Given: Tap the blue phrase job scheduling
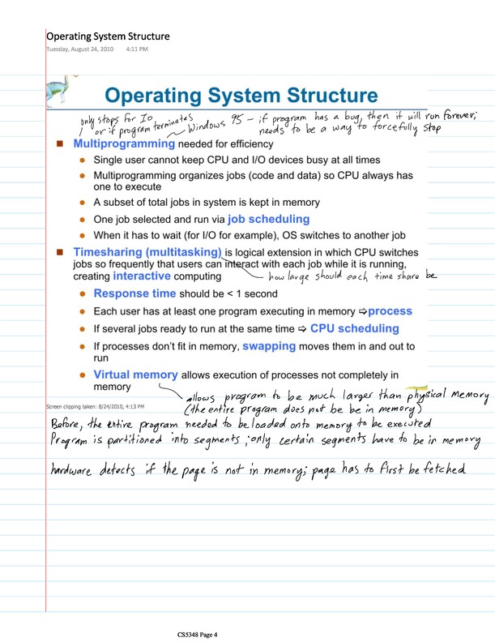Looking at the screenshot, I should (268, 219).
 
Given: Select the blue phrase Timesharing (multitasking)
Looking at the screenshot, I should (147, 252).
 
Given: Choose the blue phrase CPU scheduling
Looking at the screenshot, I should (354, 328).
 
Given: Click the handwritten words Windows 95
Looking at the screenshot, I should (216, 125).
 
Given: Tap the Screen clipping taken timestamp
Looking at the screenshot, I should (95, 405).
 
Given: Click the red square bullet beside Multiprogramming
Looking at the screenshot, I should (59, 144).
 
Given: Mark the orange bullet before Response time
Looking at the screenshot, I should (81, 294).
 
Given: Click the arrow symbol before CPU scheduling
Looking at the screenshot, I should (301, 329).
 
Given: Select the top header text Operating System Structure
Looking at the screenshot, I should (107, 36).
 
